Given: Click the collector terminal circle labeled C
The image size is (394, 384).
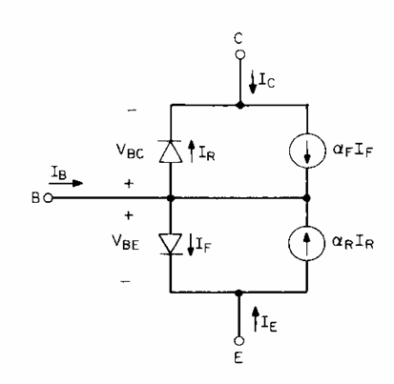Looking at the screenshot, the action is point(240,55).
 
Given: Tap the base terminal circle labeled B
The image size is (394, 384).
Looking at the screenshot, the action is point(48,198).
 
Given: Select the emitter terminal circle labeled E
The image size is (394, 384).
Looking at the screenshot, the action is point(239,341).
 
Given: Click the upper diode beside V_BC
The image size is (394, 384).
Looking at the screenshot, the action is point(171,152).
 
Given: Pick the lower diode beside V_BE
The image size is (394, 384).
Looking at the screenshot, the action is point(171,244).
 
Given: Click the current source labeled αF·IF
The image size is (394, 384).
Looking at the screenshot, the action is point(307,151).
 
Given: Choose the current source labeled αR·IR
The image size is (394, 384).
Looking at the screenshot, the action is point(306,243).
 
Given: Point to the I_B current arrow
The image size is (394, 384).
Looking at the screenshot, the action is point(66,183).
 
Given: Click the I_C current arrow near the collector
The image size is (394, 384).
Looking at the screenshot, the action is point(253,82).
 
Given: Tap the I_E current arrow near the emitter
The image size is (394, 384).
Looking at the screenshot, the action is point(255,319).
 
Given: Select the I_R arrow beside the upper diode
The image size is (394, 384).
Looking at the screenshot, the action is point(192,152).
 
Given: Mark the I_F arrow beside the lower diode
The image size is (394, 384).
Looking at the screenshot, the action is point(191,245).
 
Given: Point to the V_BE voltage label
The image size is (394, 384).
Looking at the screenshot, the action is point(126,242).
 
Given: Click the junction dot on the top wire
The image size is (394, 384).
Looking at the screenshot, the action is point(240,105).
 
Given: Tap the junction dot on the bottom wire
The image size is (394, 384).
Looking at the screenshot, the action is point(239,293).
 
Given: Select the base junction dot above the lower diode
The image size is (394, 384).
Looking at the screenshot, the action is point(171,198).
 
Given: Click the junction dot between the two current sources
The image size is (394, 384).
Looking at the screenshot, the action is point(307,198).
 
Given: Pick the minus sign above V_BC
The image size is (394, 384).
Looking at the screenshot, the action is point(133,111).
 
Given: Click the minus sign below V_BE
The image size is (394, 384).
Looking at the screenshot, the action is point(126,281).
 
